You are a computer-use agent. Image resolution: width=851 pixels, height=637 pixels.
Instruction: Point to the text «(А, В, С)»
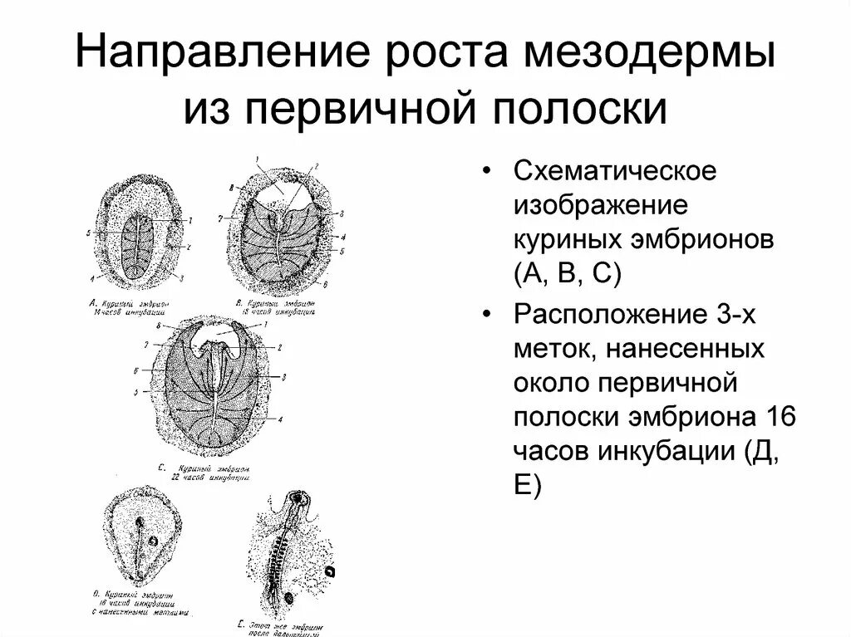click(568, 273)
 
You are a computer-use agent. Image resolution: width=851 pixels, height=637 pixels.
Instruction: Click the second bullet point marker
click(488, 316)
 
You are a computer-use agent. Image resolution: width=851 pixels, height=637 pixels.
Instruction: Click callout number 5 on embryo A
click(87, 233)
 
